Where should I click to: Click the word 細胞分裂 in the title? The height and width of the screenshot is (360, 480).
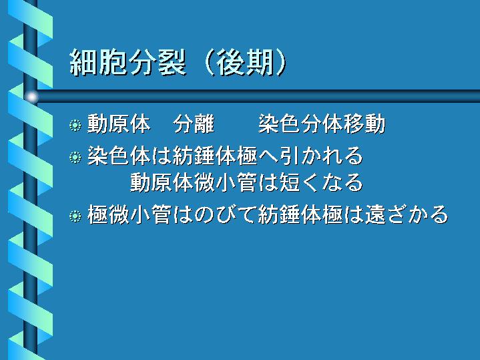(x=128, y=63)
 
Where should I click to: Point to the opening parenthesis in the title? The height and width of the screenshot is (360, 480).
(x=208, y=63)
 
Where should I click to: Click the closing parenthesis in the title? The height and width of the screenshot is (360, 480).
(x=281, y=63)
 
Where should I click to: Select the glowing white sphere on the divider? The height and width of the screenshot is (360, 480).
(x=31, y=97)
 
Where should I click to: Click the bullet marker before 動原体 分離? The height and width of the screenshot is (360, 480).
(x=75, y=125)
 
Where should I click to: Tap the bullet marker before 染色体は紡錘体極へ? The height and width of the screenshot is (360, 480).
(x=75, y=157)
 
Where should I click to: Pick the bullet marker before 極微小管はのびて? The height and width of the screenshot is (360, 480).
(x=75, y=216)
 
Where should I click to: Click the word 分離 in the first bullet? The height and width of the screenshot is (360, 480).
(x=194, y=124)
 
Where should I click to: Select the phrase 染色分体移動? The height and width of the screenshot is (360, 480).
(x=322, y=124)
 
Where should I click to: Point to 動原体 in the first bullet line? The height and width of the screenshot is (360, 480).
(x=119, y=124)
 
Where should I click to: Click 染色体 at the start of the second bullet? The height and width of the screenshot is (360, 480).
(x=119, y=156)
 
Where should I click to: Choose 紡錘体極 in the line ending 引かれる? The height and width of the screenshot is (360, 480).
(x=215, y=156)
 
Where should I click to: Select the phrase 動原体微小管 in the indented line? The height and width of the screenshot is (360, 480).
(x=194, y=182)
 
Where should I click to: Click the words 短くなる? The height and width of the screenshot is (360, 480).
(x=322, y=182)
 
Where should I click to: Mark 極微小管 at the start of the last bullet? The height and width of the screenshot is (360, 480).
(x=130, y=214)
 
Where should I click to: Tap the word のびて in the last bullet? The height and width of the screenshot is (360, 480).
(x=225, y=214)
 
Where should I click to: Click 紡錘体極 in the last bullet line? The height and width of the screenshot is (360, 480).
(x=300, y=214)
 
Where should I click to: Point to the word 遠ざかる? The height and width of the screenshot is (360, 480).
(x=407, y=214)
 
